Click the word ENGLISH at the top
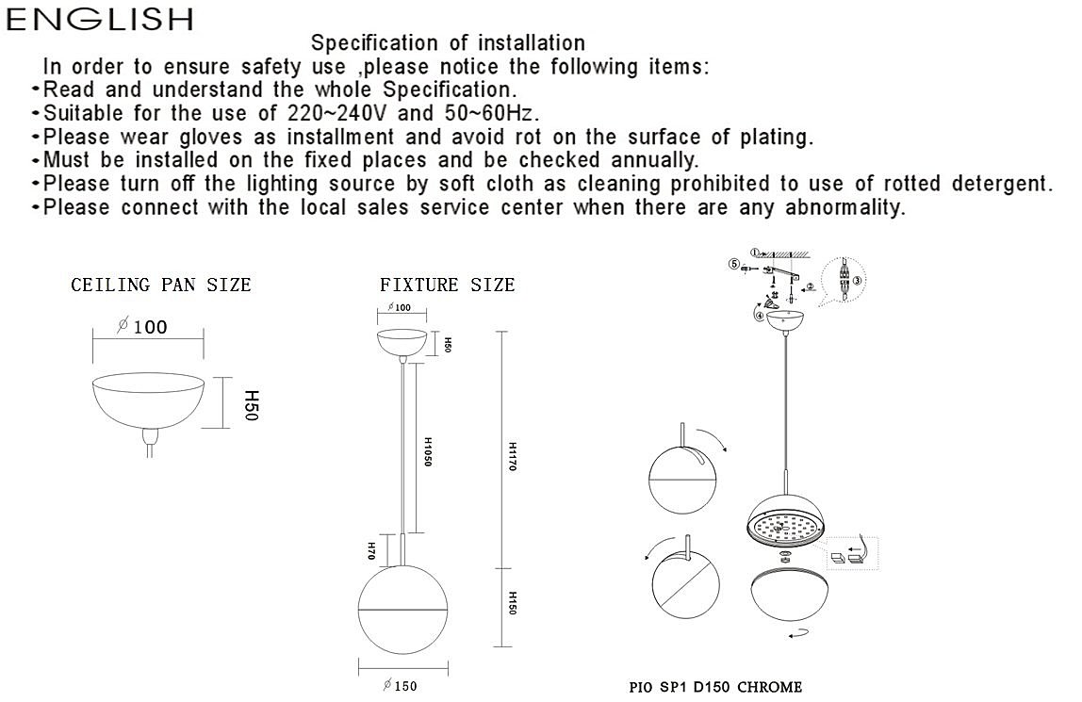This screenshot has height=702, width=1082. [100, 19]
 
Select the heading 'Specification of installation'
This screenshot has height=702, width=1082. [448, 42]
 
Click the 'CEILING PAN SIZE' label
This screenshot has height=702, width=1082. [161, 285]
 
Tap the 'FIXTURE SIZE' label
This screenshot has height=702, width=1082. [448, 285]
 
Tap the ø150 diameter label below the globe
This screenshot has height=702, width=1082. [401, 686]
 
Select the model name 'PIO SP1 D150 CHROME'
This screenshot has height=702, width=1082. [715, 687]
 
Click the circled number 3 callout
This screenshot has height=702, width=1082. [858, 280]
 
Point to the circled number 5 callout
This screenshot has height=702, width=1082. [733, 265]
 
